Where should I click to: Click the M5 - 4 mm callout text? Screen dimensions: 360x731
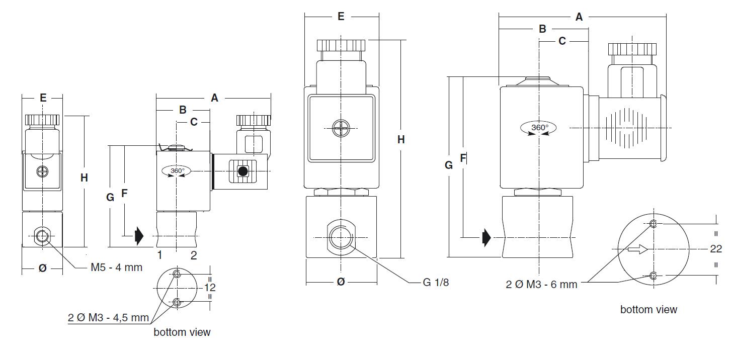pos(116,267)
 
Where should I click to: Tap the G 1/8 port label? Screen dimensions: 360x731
pos(436,283)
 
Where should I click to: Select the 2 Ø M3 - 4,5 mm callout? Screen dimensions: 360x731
pos(109,318)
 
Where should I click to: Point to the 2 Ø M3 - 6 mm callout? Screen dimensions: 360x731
pos(541,285)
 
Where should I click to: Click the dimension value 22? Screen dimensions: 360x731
pos(715,249)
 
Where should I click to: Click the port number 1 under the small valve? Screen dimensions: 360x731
pos(160,255)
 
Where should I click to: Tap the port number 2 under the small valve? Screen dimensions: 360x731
pos(194,255)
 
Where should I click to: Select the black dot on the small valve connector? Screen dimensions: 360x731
pos(243,171)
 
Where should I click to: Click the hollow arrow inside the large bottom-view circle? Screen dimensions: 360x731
pos(637,249)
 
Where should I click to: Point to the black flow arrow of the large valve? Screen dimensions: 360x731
pos(486,237)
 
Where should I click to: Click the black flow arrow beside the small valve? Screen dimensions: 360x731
pos(139,235)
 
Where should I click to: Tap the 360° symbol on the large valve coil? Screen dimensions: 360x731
pos(539,128)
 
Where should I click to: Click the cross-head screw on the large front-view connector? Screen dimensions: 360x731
pos(341,129)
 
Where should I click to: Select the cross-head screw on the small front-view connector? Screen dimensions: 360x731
pos(42,172)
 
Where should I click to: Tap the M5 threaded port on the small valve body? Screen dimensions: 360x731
pos(42,235)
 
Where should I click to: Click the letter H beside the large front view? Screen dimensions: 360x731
pos(401,140)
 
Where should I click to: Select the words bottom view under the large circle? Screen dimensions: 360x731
pos(648,310)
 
